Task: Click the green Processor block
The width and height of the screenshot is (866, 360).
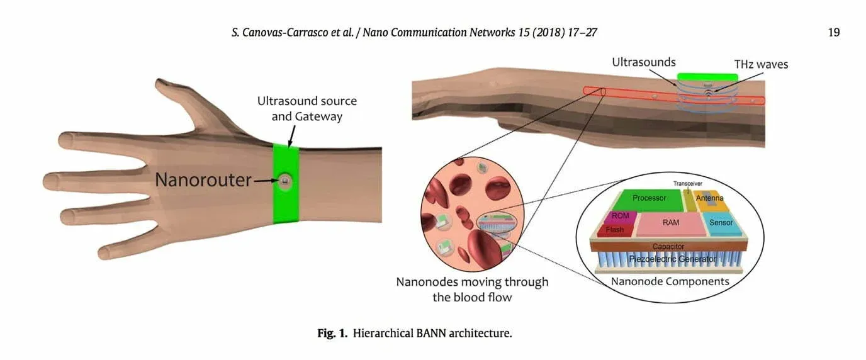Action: point(649,200)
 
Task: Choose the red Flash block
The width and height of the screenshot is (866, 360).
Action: point(614,230)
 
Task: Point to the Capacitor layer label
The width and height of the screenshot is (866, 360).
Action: point(668,246)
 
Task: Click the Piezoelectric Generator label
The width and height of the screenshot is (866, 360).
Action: point(668,259)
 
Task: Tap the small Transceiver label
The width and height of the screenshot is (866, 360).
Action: point(688,184)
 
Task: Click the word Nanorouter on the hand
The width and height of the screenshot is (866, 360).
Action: point(203,180)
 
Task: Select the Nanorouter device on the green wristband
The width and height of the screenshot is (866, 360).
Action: point(286,181)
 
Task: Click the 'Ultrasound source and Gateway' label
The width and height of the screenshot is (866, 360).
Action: point(306,108)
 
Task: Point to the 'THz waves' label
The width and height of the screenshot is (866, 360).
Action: point(761,64)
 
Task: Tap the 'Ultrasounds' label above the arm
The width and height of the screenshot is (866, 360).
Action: point(643,62)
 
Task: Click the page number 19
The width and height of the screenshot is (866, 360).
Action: point(834,32)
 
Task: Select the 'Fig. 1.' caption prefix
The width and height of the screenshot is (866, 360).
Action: point(332,334)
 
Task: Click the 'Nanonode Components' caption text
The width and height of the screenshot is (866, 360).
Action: point(670,281)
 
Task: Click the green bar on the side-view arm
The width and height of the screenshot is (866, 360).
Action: point(707,77)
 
